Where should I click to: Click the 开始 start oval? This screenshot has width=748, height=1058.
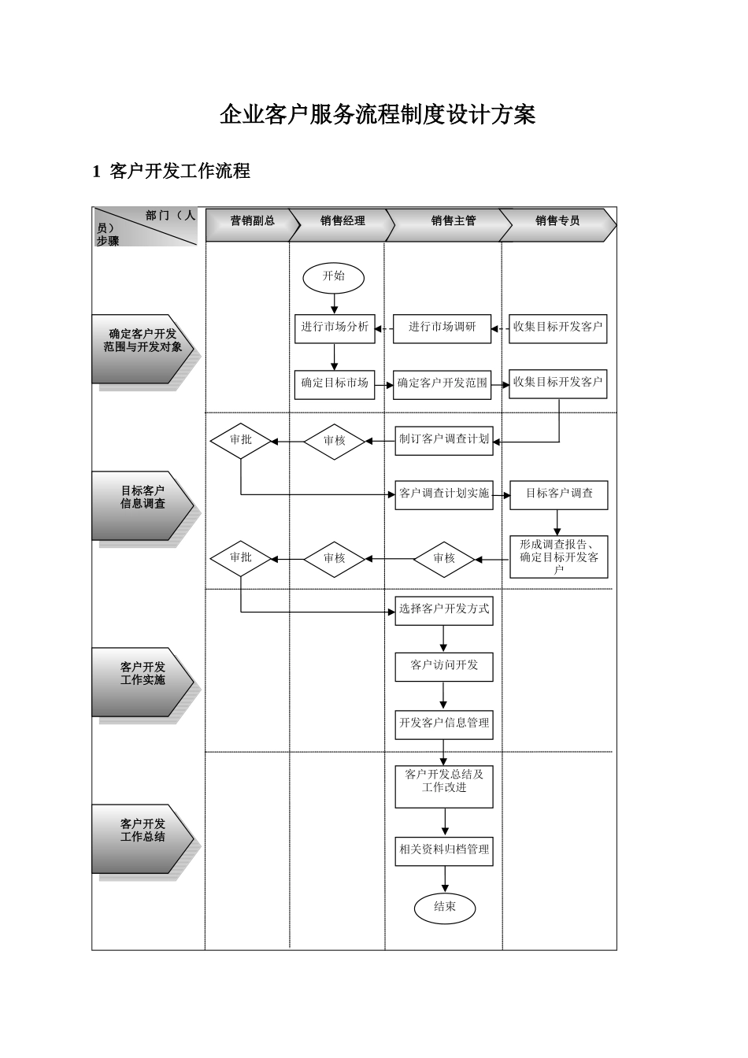(x=334, y=276)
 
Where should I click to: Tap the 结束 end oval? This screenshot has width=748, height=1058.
(x=445, y=907)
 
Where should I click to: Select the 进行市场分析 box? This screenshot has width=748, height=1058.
(x=335, y=327)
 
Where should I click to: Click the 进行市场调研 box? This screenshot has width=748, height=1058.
(x=442, y=327)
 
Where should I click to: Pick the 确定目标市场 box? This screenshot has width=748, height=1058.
(x=335, y=383)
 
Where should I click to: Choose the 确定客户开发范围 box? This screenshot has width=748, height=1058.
(x=442, y=383)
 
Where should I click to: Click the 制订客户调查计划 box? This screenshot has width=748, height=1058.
(x=444, y=439)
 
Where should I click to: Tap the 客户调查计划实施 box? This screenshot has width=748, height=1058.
(x=444, y=494)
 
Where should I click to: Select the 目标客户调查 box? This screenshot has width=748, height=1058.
(x=559, y=494)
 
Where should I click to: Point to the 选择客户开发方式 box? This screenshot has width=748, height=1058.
(x=444, y=609)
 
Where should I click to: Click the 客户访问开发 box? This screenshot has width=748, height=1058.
(x=444, y=665)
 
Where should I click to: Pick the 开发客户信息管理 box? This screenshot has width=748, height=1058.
(x=444, y=723)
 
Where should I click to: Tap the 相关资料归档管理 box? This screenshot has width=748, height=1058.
(x=444, y=850)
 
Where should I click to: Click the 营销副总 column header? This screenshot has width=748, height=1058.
(x=252, y=221)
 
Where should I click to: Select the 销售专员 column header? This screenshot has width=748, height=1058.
(x=557, y=221)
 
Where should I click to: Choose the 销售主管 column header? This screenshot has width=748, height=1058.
(x=453, y=221)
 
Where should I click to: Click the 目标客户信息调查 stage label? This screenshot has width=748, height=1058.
(x=143, y=498)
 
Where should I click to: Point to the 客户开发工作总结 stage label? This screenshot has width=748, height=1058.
(x=143, y=830)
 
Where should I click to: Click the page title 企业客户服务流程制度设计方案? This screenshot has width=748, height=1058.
(x=378, y=116)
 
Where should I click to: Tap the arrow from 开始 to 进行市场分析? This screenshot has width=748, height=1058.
(x=335, y=303)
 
